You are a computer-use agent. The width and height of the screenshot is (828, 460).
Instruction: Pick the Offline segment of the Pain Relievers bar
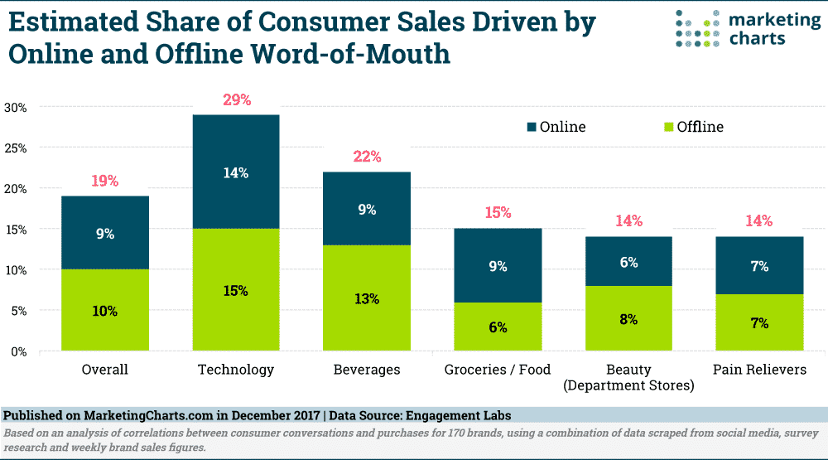[x=760, y=322]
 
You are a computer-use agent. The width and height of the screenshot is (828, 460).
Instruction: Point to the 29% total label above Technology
[x=236, y=100]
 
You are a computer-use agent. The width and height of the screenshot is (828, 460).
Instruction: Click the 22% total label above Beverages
[x=367, y=157]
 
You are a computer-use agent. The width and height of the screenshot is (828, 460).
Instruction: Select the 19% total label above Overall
[x=105, y=182]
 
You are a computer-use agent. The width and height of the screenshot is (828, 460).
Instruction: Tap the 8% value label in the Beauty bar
[x=628, y=319]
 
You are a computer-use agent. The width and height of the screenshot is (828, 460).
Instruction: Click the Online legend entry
[x=556, y=127]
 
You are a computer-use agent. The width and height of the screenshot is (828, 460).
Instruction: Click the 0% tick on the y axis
[x=19, y=351]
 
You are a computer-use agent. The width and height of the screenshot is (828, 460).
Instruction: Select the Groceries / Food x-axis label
[x=498, y=370]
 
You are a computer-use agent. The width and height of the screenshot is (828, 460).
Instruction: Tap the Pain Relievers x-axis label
[x=759, y=370]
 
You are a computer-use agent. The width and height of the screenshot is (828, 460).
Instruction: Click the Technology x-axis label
[x=236, y=370]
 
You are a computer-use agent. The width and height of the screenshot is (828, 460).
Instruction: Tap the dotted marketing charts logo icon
[x=693, y=28]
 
